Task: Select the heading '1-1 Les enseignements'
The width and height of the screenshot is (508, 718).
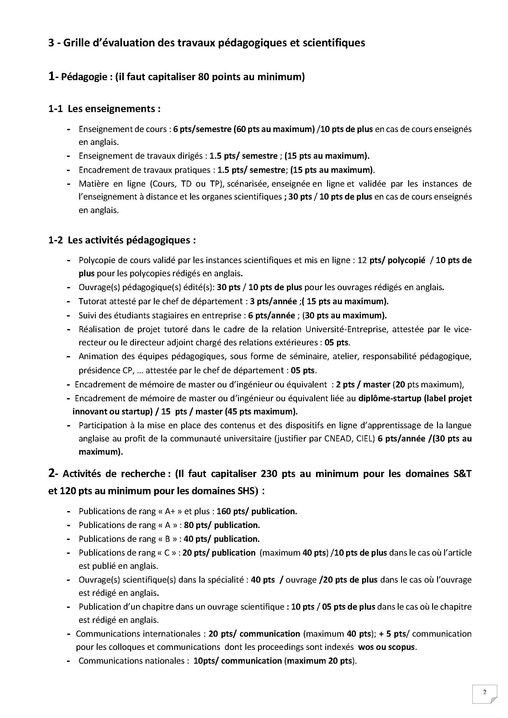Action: point(104,109)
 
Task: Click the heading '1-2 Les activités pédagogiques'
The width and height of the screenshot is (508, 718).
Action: point(122,240)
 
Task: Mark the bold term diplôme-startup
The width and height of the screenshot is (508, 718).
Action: point(389,398)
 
